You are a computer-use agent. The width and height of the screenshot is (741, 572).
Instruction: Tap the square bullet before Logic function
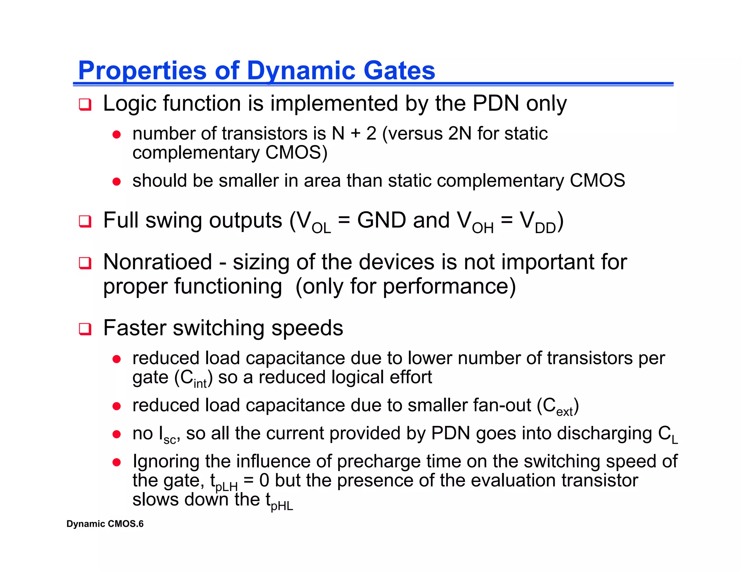pos(85,104)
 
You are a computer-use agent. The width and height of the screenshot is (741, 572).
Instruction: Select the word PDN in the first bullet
pos(496,103)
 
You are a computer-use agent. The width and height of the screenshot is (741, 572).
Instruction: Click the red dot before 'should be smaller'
pos(117,181)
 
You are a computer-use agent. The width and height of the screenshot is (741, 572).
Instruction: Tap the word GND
pos(381,220)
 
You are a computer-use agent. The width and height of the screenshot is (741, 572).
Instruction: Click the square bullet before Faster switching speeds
pos(85,329)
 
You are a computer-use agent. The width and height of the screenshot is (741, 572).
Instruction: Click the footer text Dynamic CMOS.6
pos(105,524)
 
